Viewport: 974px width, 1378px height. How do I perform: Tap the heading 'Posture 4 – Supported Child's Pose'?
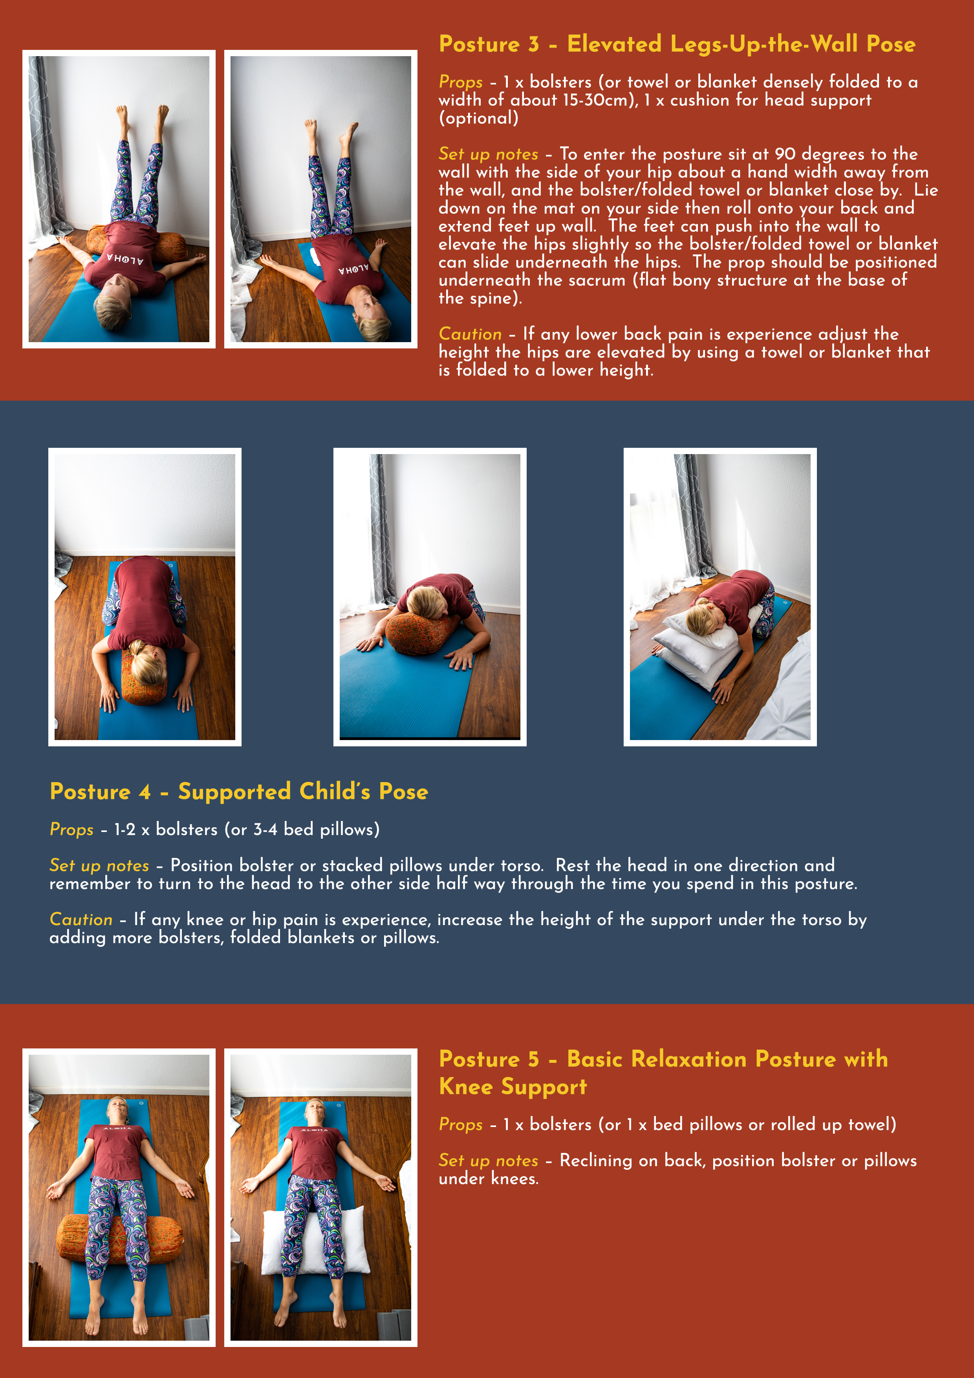[x=238, y=792]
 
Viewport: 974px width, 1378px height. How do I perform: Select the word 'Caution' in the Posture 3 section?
[x=470, y=334]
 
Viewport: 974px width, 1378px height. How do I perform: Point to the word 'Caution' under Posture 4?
[x=81, y=920]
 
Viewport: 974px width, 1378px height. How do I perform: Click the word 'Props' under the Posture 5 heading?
[x=460, y=1124]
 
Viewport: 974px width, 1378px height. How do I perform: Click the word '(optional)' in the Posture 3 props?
[x=478, y=118]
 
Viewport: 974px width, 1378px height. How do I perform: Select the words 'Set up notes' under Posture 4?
[x=99, y=865]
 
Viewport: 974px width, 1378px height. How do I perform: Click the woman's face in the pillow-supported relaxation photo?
[x=315, y=1112]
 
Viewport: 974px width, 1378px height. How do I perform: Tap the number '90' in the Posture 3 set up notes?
[x=784, y=154]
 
